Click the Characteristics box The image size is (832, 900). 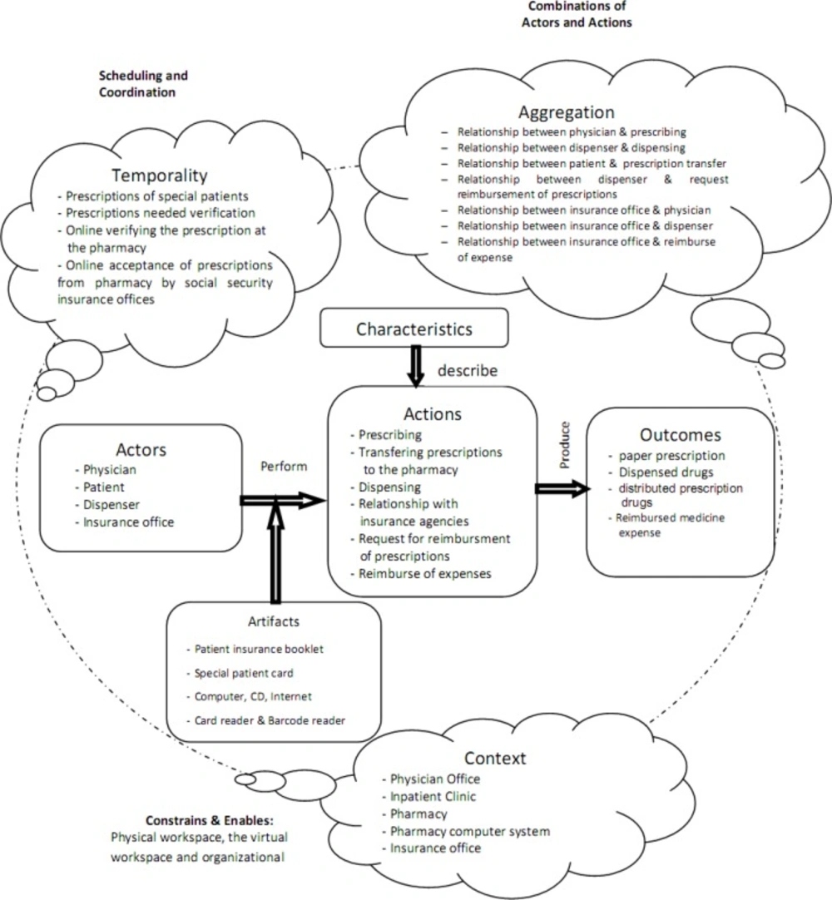point(414,329)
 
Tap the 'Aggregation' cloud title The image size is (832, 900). point(566,112)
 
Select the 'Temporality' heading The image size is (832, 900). point(160,175)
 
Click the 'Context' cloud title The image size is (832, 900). point(495,759)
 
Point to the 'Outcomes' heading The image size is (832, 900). point(681,435)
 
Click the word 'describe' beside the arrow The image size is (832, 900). point(468,371)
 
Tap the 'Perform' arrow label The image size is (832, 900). point(284,466)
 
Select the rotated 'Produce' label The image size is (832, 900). point(565,445)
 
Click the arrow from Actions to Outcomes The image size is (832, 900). point(562,489)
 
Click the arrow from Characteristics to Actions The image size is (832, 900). point(416,367)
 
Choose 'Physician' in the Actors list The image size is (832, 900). point(110,469)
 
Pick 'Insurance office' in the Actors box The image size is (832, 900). point(129,522)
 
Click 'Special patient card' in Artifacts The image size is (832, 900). point(244,673)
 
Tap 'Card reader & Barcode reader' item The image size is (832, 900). point(270,720)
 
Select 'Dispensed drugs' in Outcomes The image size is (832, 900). point(666,472)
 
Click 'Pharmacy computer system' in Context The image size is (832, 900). point(470,831)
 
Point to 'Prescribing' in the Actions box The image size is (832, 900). point(390,434)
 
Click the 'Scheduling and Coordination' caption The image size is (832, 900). point(143,84)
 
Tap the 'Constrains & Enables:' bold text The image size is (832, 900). point(210,820)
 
